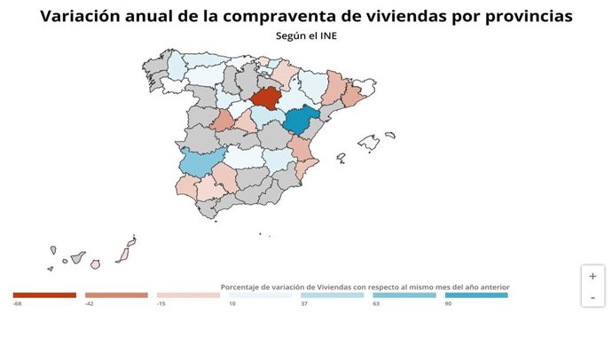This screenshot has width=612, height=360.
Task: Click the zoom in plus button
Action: coord(592,276)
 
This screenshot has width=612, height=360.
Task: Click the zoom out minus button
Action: coord(592,297)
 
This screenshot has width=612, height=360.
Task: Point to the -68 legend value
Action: coord(17,304)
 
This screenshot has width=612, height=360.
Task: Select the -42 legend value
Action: coord(90,304)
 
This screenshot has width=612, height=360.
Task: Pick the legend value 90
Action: coord(449,304)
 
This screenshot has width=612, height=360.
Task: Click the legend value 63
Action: coord(377,304)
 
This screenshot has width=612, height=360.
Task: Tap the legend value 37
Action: coord(304,304)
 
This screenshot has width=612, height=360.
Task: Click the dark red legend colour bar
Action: coord(44,295)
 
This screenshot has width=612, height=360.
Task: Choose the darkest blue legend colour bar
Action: coord(476,295)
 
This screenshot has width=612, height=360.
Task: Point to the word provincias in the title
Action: coord(521,16)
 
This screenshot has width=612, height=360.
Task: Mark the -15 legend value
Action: coord(162,304)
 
